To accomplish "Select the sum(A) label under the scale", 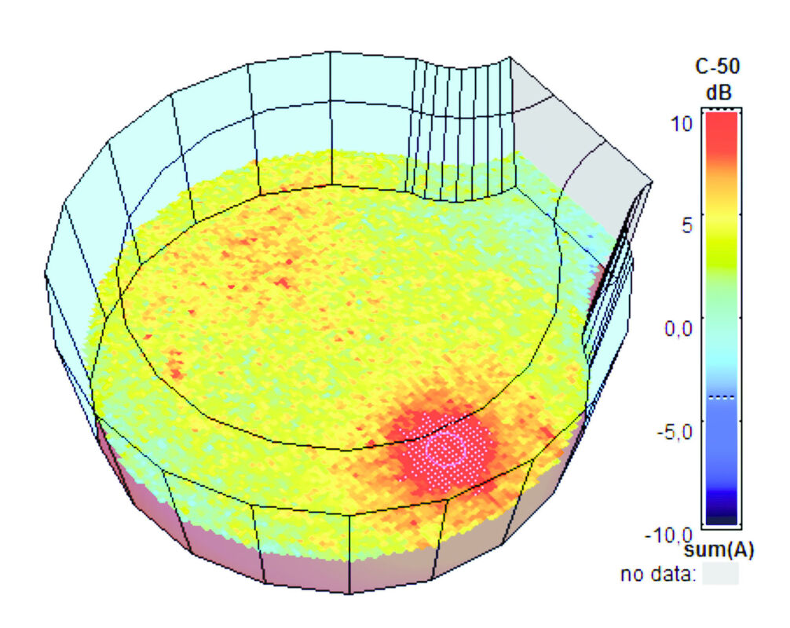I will [x=720, y=551].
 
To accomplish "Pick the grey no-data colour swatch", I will [x=720, y=575].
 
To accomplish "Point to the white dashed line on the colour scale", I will [x=720, y=397].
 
